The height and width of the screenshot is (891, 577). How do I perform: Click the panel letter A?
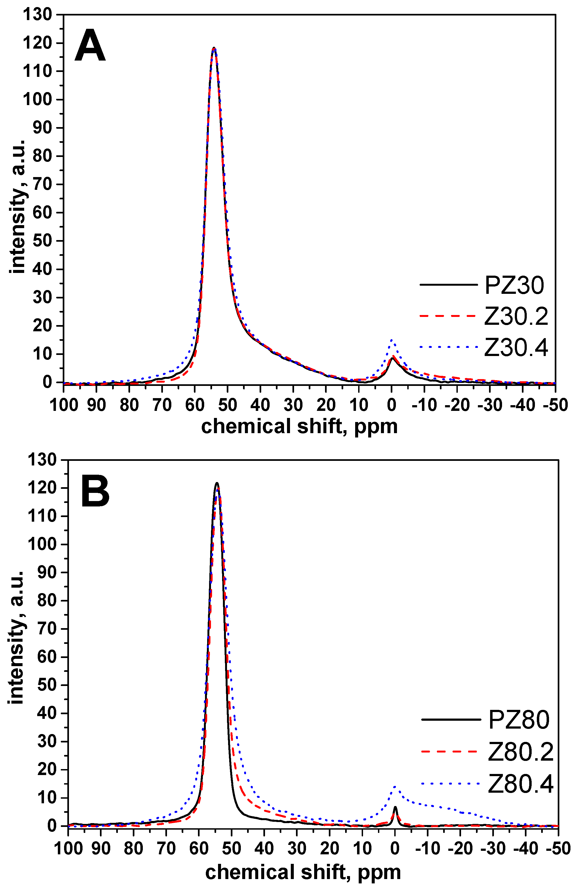pos(90,46)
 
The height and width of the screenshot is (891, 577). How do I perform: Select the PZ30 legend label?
pos(514,285)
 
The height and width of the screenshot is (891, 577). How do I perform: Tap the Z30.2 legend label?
pos(516,316)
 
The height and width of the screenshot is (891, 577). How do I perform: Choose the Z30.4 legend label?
pos(516,347)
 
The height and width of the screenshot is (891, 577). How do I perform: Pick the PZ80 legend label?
pos(519,720)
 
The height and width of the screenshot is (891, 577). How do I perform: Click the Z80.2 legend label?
pos(521,752)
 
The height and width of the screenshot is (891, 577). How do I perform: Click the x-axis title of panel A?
pos(299,426)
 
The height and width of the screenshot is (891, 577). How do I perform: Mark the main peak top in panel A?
pos(214,48)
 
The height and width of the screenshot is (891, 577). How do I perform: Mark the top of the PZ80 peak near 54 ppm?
pos(217,483)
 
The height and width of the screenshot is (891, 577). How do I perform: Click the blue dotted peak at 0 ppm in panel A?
pos(392,340)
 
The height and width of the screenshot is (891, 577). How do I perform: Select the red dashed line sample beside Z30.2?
pos(448,316)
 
